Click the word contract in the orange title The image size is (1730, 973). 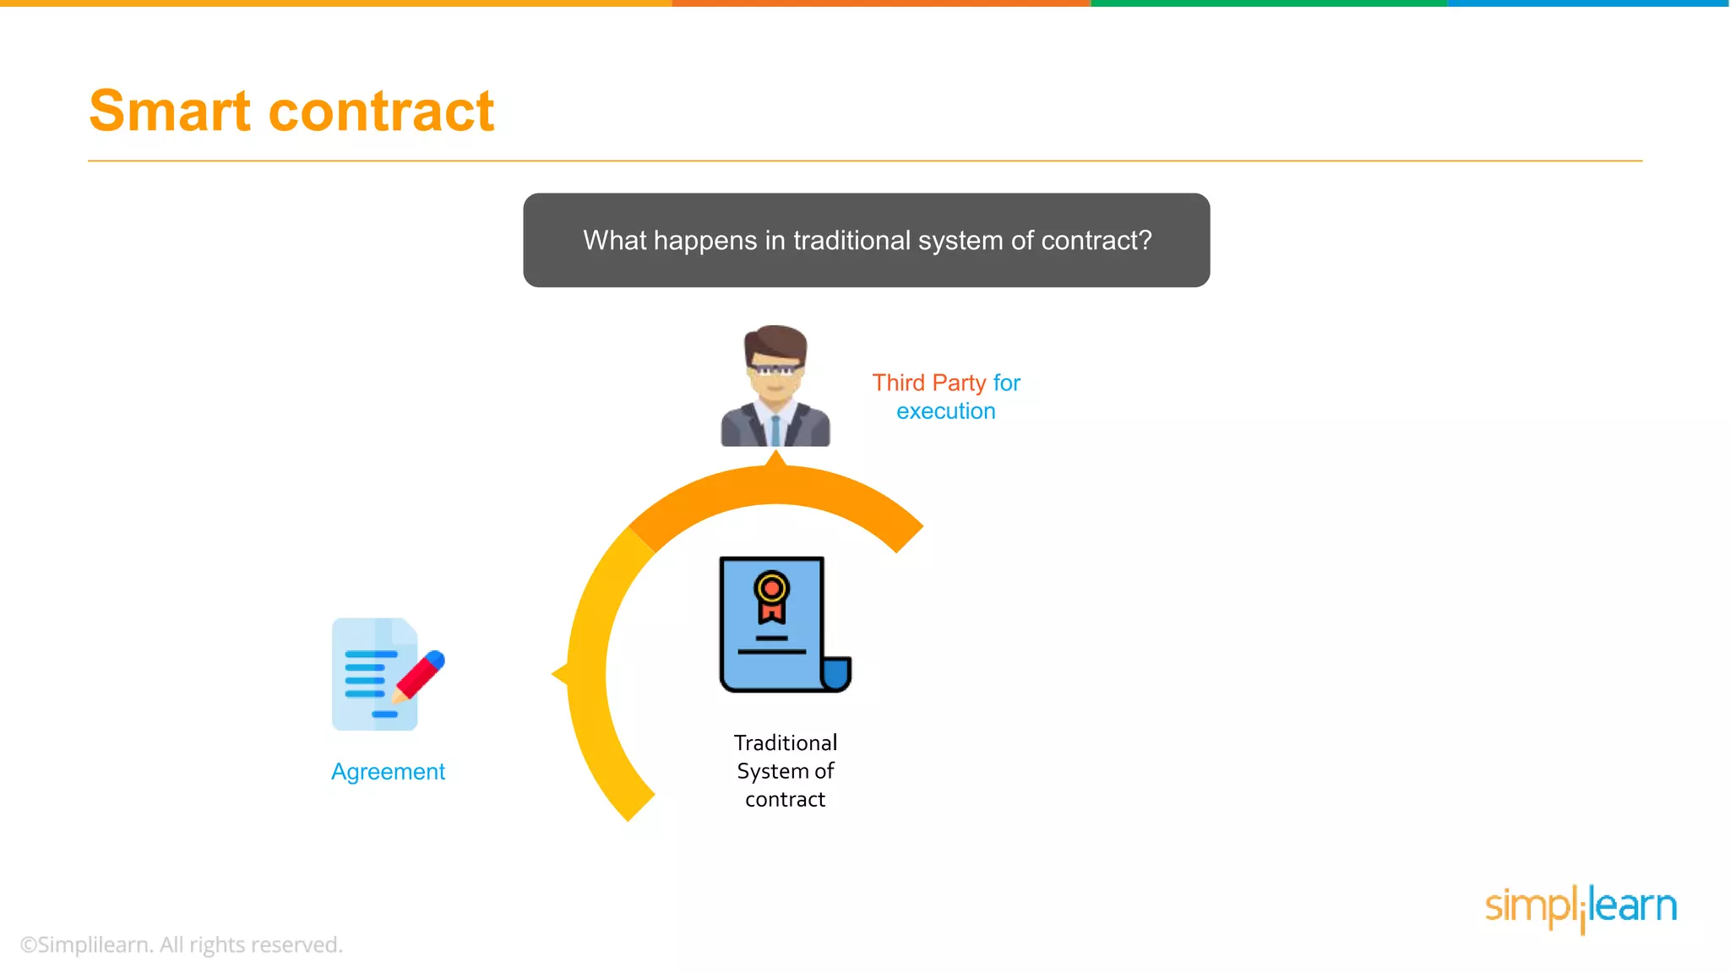pyautogui.click(x=381, y=111)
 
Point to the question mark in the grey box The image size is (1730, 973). pyautogui.click(x=1145, y=241)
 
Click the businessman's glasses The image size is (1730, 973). pyautogui.click(x=775, y=370)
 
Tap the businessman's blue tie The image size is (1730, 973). pyautogui.click(x=775, y=430)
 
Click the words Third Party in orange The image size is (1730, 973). pyautogui.click(x=928, y=383)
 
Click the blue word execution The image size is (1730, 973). pyautogui.click(x=945, y=411)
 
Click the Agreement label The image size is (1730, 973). pyautogui.click(x=388, y=771)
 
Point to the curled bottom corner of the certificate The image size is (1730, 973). pyautogui.click(x=835, y=674)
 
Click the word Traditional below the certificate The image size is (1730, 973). pyautogui.click(x=785, y=742)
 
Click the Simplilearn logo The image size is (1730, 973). pyautogui.click(x=1580, y=907)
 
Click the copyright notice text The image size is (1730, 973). pyautogui.click(x=181, y=944)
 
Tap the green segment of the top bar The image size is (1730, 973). pyautogui.click(x=1267, y=3)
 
